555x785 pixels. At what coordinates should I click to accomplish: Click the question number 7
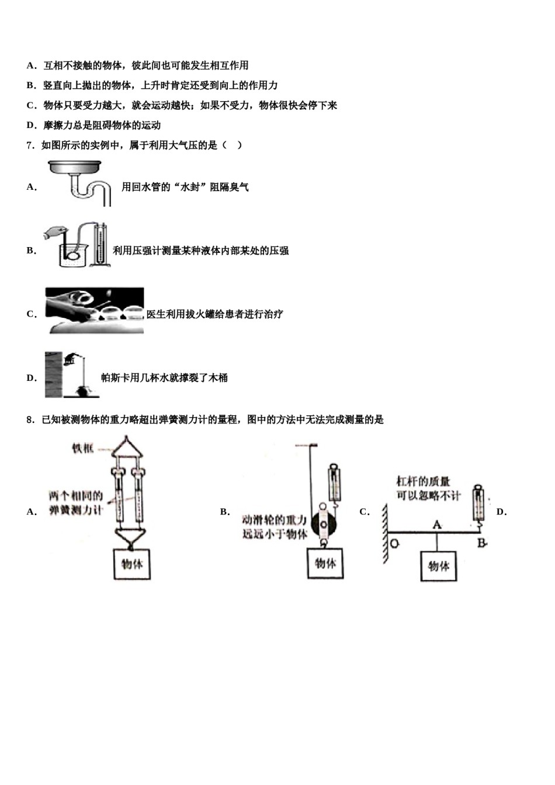coord(30,145)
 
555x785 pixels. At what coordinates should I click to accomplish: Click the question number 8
coord(30,419)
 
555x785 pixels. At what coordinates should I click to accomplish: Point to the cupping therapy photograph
coord(95,310)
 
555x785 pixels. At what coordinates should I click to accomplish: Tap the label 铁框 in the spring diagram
coord(82,449)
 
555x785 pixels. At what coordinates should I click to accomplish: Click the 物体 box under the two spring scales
coord(132,564)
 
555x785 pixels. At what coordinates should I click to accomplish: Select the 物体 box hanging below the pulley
coord(325,564)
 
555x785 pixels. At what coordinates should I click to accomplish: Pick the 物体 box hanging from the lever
coord(438,566)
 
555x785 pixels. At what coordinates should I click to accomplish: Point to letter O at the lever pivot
coord(394,543)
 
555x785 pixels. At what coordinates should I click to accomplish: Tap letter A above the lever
coord(436,525)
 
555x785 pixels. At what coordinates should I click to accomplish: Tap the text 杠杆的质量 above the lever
coord(423,482)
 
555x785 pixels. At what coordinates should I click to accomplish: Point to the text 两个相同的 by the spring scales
coord(76,496)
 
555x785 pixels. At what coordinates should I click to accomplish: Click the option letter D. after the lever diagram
coord(501,512)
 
